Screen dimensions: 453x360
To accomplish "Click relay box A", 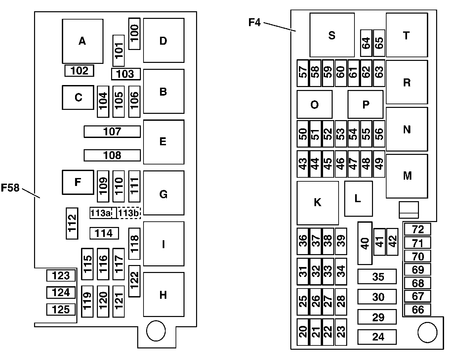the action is [83, 41].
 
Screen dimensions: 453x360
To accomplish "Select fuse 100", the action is [134, 34].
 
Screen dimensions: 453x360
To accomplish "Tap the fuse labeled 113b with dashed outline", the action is [129, 213].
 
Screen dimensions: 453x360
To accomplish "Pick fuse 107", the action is [112, 132].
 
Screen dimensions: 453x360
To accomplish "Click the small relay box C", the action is [78, 97].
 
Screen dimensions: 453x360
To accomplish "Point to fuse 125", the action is [61, 309].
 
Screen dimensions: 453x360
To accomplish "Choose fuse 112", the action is [72, 223].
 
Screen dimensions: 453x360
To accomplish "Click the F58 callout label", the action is [10, 188].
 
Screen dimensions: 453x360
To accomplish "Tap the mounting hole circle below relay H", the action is [156, 331].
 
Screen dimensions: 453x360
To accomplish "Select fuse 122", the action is [134, 281].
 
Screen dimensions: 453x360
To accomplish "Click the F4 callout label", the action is [254, 22].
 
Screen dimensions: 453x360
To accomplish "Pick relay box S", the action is [332, 35].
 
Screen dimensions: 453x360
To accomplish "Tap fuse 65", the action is [379, 43].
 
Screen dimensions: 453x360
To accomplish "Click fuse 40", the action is [365, 243].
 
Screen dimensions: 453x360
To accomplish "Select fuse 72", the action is [418, 229].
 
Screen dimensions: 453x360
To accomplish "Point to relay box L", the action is [358, 199].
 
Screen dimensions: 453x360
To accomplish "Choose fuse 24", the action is [377, 337].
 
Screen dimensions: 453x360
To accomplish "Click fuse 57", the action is [303, 73].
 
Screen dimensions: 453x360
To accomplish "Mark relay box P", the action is [365, 104].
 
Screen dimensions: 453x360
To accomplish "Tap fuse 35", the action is [377, 276].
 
